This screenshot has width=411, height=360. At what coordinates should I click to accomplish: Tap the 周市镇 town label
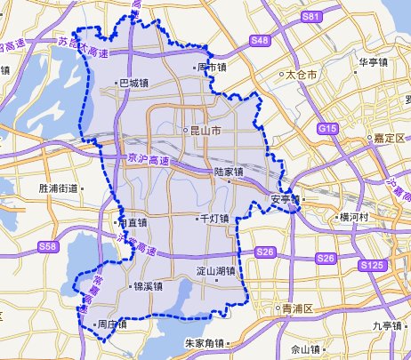pos(212,67)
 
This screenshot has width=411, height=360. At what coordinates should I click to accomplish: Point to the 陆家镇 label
pos(229,172)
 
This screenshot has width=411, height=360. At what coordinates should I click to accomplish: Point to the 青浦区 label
pos(297,308)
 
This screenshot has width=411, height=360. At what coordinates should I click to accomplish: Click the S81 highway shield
pos(310,17)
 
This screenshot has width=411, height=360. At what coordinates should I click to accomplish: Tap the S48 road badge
pos(260,40)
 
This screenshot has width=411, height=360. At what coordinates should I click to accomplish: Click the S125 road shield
pos(372,266)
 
